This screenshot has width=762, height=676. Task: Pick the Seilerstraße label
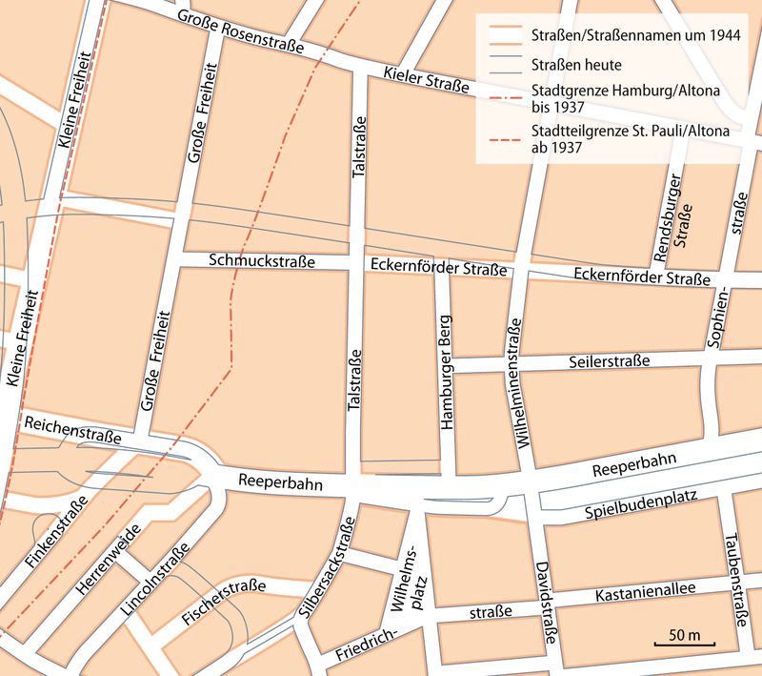[x=610, y=361]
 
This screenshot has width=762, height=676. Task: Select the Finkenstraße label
[x=58, y=533]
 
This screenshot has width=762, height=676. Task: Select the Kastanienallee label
[x=643, y=594]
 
